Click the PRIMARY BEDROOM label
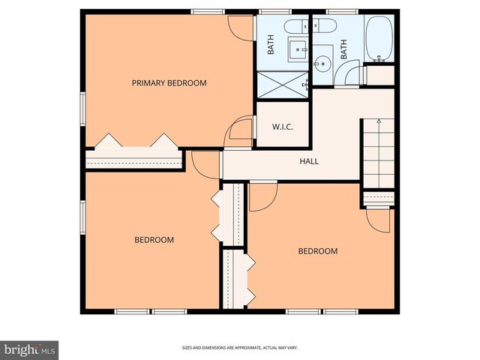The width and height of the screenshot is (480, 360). click(169, 82)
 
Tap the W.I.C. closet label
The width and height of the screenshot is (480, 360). click(281, 127)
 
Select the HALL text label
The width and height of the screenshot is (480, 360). click(310, 160)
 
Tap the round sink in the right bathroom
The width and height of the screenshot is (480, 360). click(324, 63)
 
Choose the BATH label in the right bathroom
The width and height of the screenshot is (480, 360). click(344, 49)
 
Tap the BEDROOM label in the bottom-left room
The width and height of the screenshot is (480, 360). click(154, 240)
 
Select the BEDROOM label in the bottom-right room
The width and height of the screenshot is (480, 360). click(317, 251)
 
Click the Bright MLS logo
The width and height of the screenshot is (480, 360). click(30, 349)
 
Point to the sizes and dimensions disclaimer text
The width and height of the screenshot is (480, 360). click(239, 348)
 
